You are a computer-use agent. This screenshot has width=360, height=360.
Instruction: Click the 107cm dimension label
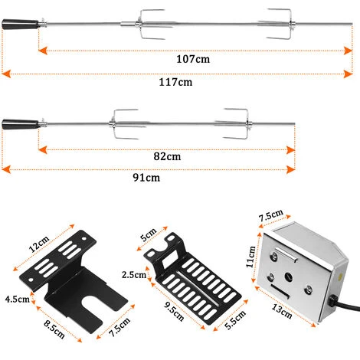[x=193, y=59]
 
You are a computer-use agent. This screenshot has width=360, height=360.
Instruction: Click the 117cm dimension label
[x=175, y=82]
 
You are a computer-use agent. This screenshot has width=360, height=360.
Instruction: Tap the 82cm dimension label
[x=167, y=156]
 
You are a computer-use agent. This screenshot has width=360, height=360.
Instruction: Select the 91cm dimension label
[x=146, y=178]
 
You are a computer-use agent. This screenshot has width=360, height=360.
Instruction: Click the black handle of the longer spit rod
[x=21, y=24]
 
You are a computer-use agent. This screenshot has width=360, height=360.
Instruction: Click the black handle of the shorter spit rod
[x=21, y=124]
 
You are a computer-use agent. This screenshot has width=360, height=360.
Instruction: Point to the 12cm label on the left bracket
[x=38, y=244]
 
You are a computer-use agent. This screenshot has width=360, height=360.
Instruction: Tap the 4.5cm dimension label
[x=18, y=299]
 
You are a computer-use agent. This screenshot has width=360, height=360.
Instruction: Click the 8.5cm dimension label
[x=54, y=329]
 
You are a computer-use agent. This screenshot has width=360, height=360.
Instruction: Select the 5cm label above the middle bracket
[x=149, y=234]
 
